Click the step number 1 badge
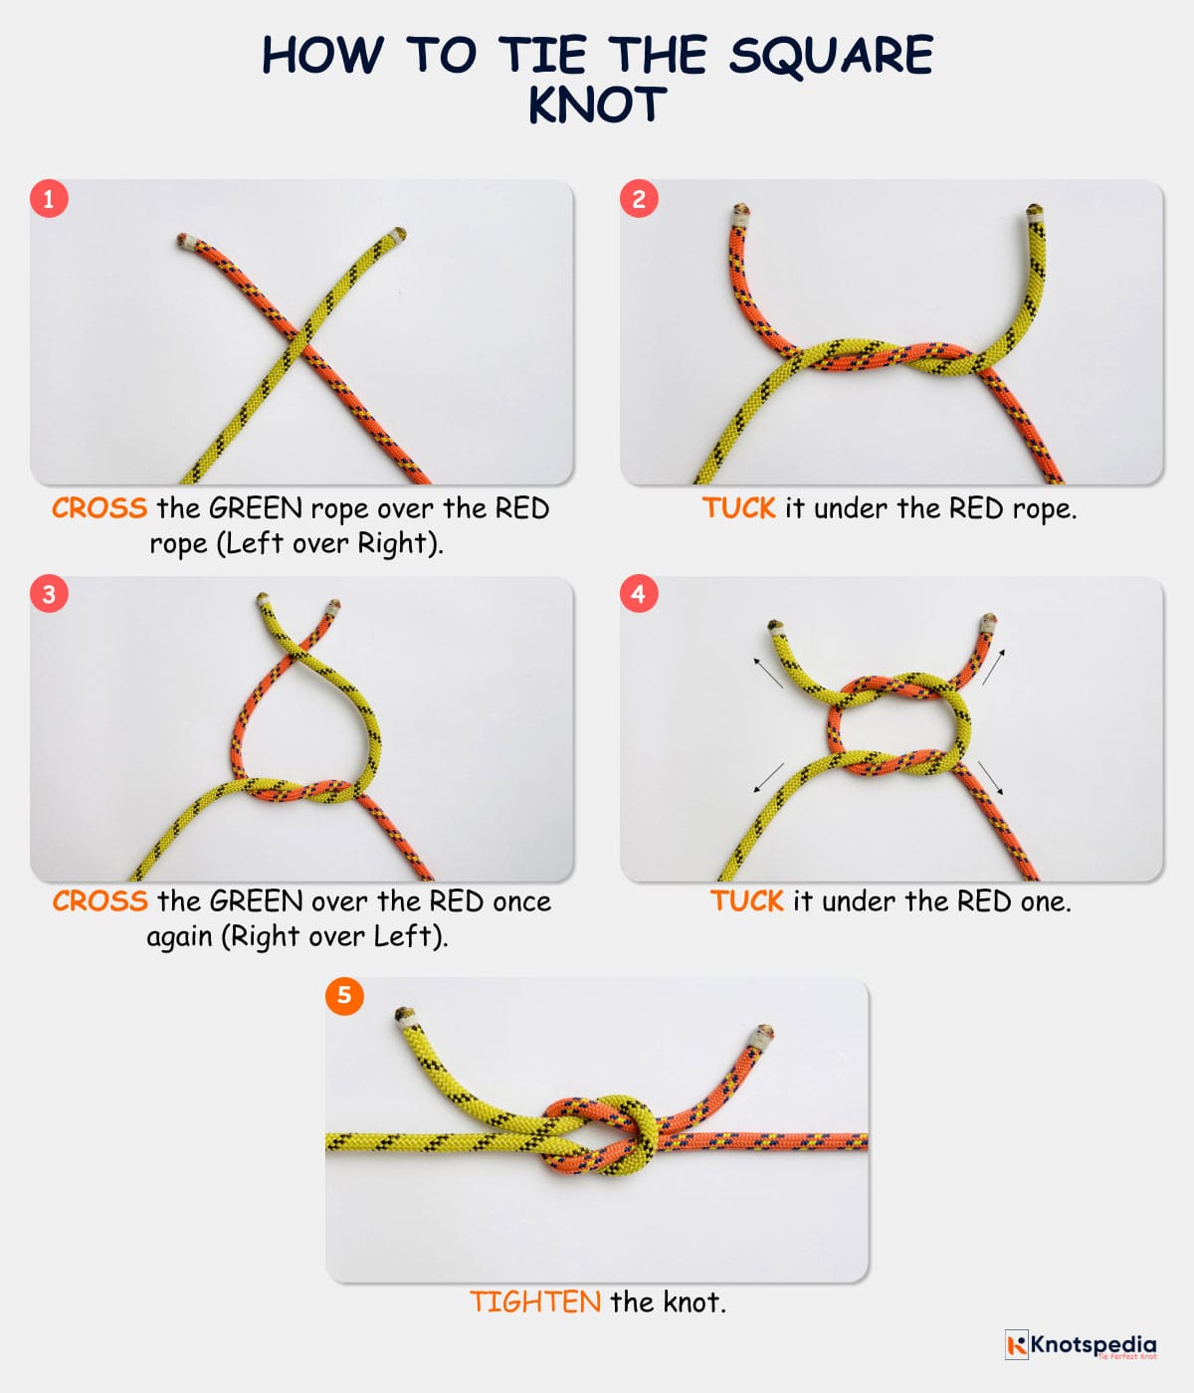[48, 198]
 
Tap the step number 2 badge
[639, 198]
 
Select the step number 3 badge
[48, 594]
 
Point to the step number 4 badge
[639, 594]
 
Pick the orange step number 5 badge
[344, 995]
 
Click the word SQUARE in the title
[831, 55]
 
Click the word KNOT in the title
[596, 105]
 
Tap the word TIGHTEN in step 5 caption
[534, 1301]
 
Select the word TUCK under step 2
[738, 508]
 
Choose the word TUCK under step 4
[746, 901]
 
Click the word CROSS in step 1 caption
[99, 508]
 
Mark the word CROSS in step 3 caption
[99, 901]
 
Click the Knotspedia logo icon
[1016, 1345]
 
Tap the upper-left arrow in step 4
[767, 672]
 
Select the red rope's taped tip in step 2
[738, 214]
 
